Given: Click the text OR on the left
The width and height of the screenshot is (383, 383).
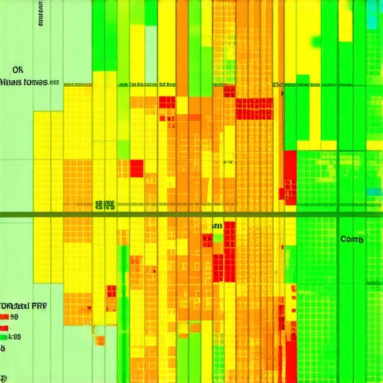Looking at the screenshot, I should click(x=18, y=70).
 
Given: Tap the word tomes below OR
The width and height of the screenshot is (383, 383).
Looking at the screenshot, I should click(x=33, y=82).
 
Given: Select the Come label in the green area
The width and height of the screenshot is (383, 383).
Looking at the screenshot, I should click(x=352, y=239).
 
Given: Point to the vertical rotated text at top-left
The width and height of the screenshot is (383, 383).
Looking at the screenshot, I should click(x=38, y=13).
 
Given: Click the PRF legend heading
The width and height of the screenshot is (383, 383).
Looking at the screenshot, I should click(x=39, y=306).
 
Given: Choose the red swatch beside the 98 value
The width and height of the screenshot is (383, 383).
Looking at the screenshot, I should click(x=4, y=317).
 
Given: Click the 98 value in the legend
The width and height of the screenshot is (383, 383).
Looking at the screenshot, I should click(x=14, y=317).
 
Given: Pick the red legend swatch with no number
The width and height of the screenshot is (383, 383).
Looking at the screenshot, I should click(x=4, y=327).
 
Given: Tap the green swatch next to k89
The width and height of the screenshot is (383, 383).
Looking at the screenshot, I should click(x=4, y=337).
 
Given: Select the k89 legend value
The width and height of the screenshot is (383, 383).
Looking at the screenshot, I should click(x=16, y=337).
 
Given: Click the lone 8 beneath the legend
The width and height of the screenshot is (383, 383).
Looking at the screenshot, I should click(x=3, y=349).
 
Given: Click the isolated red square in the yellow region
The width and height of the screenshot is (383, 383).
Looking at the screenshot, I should click(x=136, y=168).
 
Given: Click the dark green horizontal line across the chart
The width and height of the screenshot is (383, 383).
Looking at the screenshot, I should click(x=191, y=215).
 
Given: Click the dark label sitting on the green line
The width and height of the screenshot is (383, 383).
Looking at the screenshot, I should click(x=104, y=204).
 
